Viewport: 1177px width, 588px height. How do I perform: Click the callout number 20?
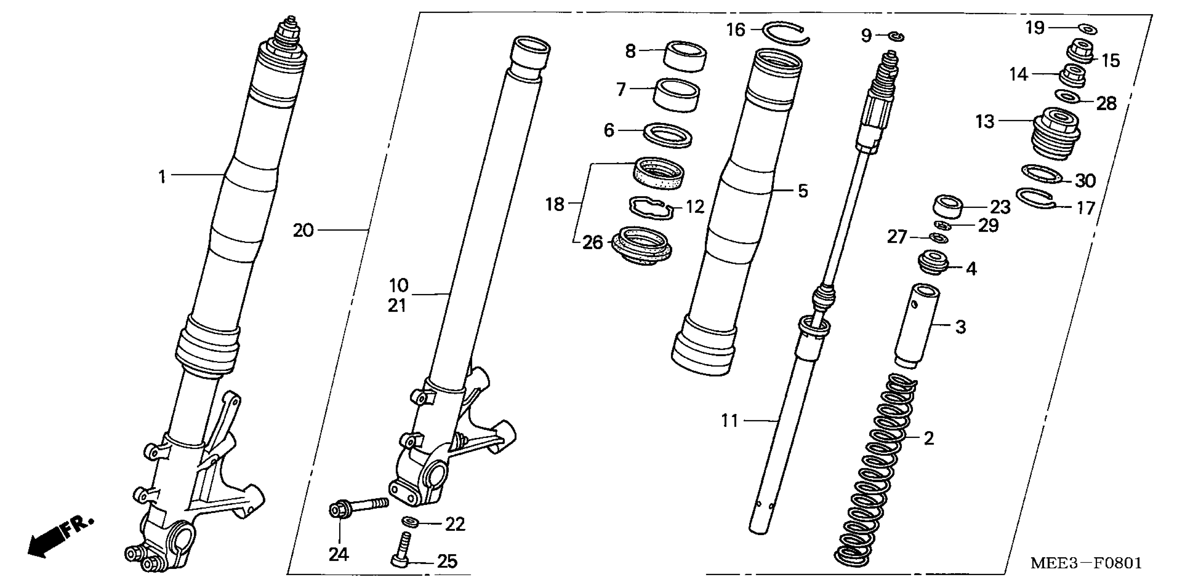coord(303,231)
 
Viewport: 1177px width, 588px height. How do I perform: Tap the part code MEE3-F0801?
coord(1086,563)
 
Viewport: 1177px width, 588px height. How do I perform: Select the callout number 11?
coord(730,421)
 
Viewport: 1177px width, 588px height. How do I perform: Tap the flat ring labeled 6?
coord(667,135)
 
